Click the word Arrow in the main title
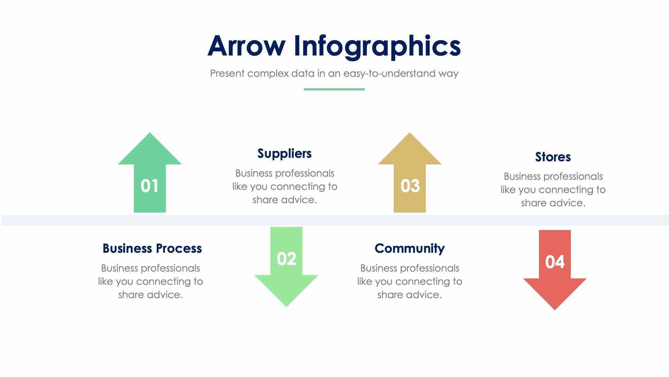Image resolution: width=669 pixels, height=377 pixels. tap(246, 46)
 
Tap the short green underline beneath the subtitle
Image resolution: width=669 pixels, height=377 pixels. tap(334, 89)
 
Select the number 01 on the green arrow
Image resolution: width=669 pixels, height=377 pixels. tap(149, 186)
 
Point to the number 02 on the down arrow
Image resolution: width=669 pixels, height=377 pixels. tap(286, 259)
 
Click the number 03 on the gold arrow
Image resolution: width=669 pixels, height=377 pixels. tap(410, 186)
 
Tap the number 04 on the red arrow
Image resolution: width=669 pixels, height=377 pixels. tap(555, 262)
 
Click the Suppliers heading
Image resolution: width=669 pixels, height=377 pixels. tap(284, 154)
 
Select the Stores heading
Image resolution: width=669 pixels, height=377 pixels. tap(553, 157)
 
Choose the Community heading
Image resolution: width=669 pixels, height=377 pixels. tap(409, 249)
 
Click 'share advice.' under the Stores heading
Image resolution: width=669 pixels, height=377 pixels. tap(553, 203)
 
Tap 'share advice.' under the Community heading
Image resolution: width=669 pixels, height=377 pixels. tap(409, 295)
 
